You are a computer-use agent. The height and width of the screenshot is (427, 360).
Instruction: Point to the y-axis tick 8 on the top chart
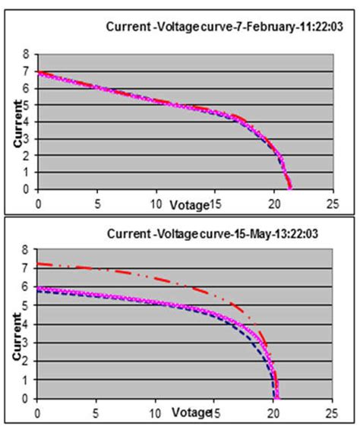point(26,55)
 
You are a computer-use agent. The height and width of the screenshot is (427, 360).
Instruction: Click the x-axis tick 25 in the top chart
point(330,204)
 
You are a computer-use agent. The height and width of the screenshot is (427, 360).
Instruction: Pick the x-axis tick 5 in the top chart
point(96,204)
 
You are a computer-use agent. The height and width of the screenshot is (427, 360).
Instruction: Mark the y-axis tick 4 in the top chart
point(26,122)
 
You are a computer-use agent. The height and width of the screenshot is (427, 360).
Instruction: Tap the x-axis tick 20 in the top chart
point(273,204)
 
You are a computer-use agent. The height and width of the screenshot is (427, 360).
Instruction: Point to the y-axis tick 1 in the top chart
point(26,172)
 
